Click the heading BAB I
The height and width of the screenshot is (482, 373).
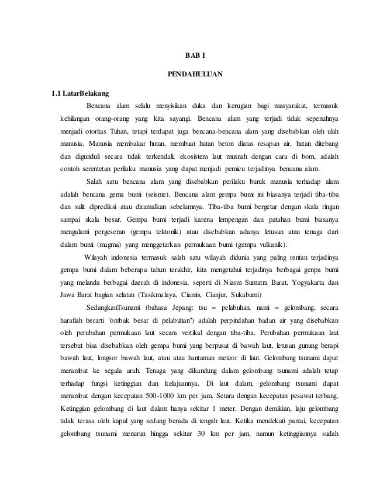pos(192,56)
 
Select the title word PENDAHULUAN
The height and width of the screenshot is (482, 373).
pos(191,75)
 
